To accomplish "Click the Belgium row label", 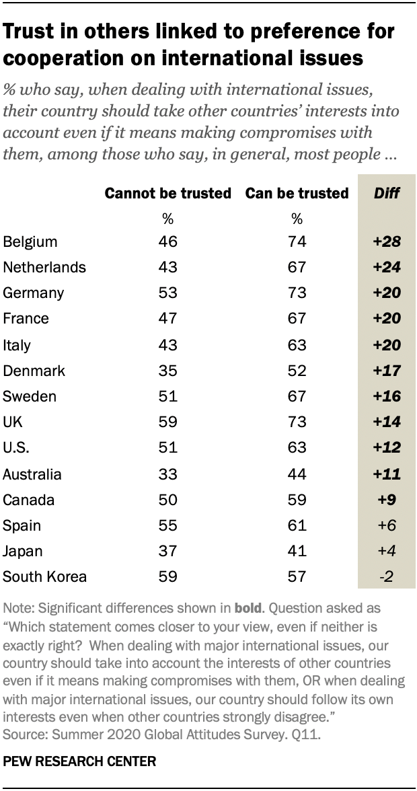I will pyautogui.click(x=30, y=241).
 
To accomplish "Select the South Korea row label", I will pyautogui.click(x=45, y=577).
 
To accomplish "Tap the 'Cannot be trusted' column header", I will pyautogui.click(x=167, y=194).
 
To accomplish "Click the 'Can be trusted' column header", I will pyautogui.click(x=297, y=194).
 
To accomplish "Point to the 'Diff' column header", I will pyautogui.click(x=387, y=194).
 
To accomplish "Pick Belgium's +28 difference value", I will pyautogui.click(x=387, y=241).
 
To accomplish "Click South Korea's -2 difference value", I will pyautogui.click(x=387, y=577).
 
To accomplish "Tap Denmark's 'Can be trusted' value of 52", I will pyautogui.click(x=297, y=371).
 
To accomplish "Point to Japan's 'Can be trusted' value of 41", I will pyautogui.click(x=297, y=552).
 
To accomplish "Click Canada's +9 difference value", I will pyautogui.click(x=387, y=500).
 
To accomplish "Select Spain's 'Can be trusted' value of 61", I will pyautogui.click(x=297, y=526).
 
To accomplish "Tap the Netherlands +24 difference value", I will pyautogui.click(x=387, y=267).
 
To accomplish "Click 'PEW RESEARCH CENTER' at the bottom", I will pyautogui.click(x=79, y=762).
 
